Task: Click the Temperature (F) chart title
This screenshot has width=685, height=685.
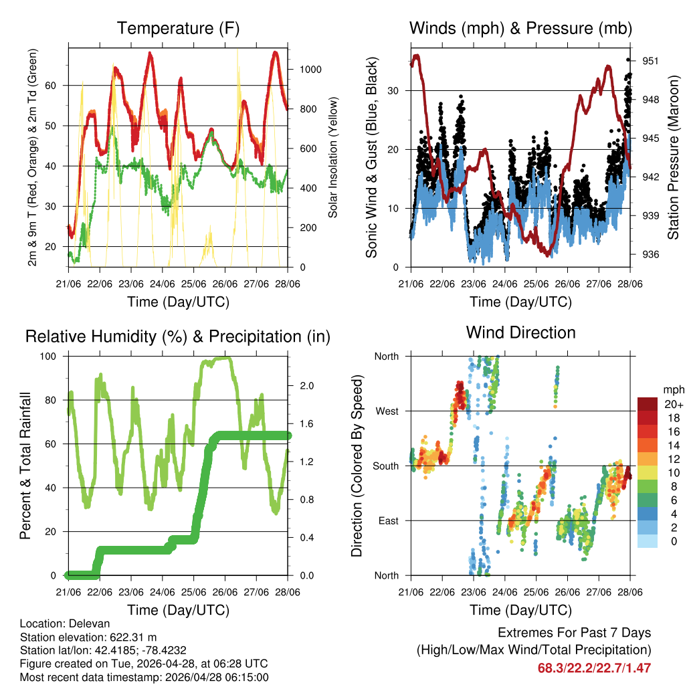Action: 178,29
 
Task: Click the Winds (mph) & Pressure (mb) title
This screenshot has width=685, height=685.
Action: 520,29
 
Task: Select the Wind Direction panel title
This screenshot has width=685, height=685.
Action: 520,332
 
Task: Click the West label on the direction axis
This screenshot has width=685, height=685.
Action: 387,411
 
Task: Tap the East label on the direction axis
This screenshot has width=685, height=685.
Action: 389,520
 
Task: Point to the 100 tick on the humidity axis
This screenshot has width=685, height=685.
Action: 52,356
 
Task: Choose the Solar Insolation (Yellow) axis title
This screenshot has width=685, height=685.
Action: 332,157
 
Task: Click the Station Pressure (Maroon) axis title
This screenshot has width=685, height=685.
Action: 674,157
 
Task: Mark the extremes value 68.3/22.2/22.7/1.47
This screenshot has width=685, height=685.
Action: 594,668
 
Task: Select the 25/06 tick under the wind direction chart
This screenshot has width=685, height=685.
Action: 535,592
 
